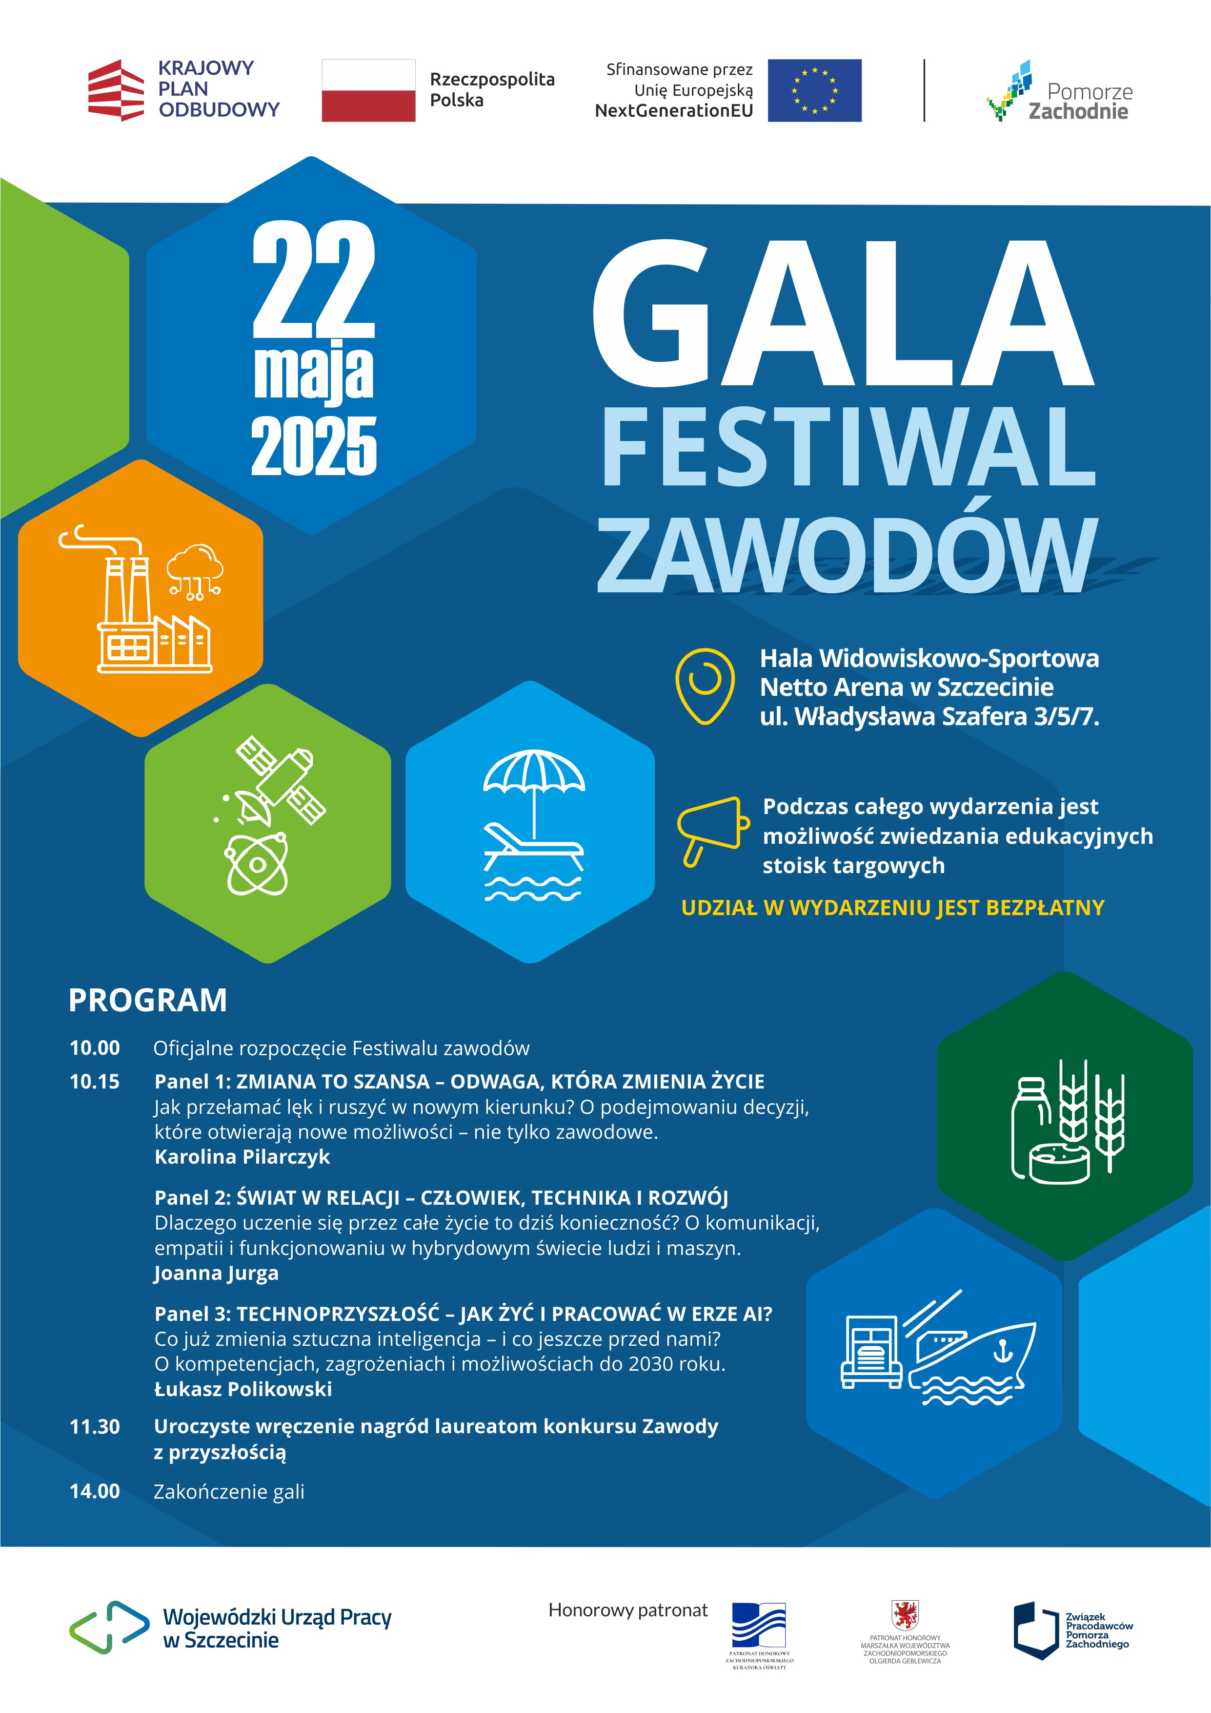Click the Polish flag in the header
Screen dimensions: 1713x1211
[368, 90]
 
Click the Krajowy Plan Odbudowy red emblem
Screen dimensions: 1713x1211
[116, 90]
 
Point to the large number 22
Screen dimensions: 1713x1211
[313, 280]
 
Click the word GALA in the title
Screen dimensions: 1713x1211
[843, 313]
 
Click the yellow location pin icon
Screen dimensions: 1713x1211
[704, 685]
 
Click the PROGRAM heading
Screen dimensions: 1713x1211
[148, 1000]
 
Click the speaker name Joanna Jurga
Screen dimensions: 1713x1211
[216, 1273]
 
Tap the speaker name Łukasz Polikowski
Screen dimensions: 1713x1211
[243, 1389]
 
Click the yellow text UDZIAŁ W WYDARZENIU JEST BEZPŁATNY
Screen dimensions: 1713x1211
[892, 907]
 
